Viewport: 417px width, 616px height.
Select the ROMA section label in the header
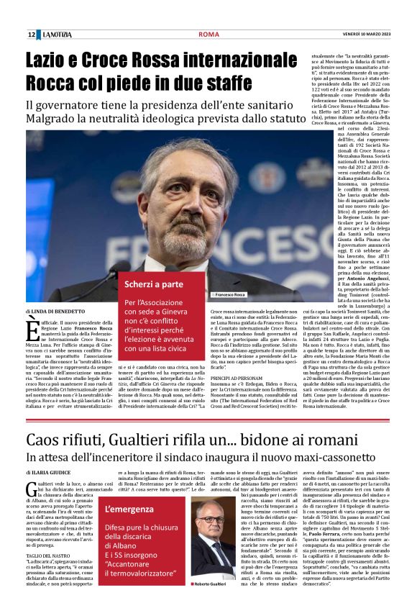click(208, 34)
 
